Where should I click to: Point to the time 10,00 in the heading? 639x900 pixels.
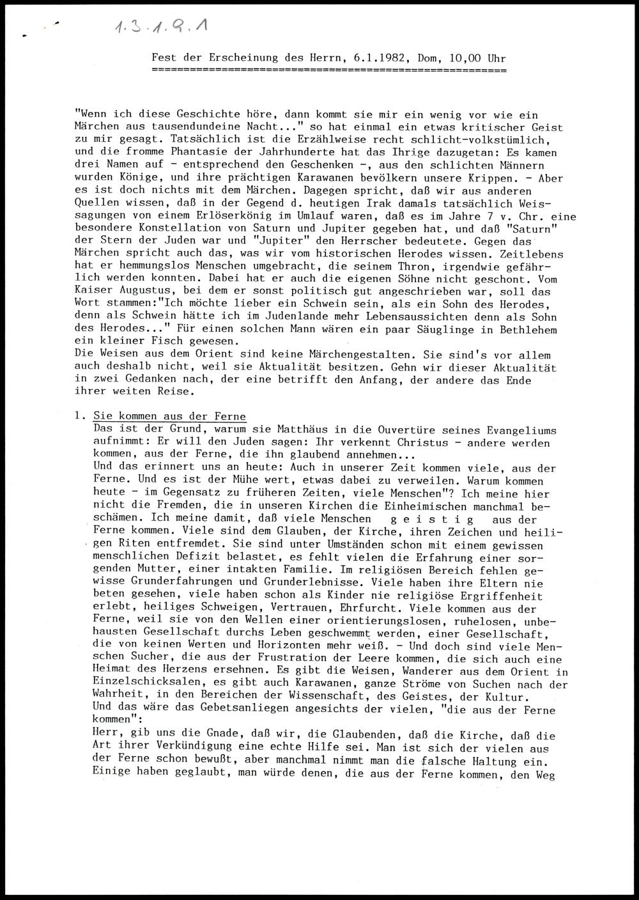[465, 58]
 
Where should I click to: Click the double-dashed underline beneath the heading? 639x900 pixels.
[329, 68]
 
